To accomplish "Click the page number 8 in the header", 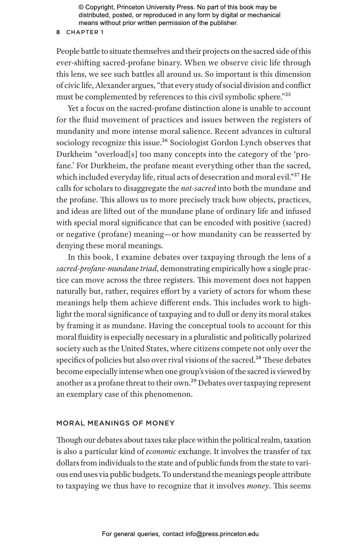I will [58, 32].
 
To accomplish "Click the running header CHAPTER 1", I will [85, 32].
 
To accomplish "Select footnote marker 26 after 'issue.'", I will [165, 141].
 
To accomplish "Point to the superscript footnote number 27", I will [297, 175].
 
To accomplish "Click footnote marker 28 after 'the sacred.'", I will [258, 358].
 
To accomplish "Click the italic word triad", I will [149, 269].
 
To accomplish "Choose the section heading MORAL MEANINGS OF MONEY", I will [115, 423].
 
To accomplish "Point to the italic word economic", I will [161, 452].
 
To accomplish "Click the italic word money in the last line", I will [257, 486].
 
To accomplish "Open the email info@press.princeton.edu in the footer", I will [222, 534].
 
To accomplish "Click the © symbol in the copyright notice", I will [81, 7].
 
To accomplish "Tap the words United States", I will [144, 349].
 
